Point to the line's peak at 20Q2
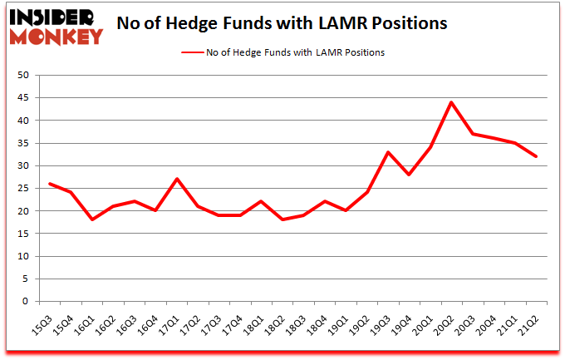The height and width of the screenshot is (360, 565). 450,103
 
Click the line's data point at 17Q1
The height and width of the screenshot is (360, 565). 178,180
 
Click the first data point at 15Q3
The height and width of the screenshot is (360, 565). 51,184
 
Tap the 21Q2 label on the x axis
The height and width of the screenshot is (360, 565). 532,319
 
